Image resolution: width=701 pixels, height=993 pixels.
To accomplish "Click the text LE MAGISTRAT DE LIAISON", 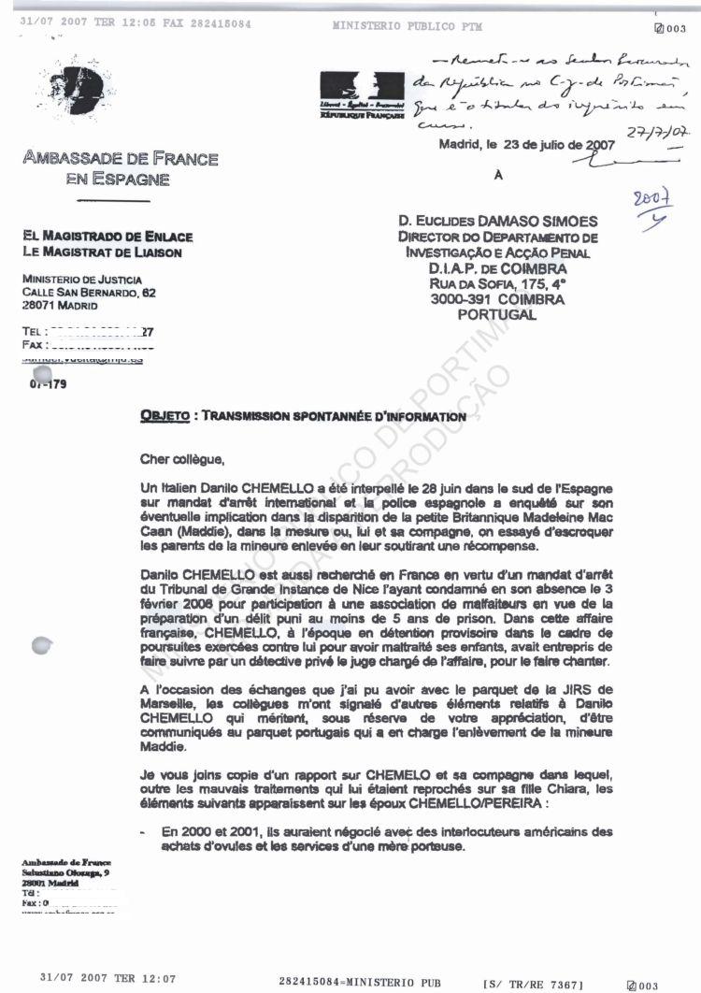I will pos(102,252).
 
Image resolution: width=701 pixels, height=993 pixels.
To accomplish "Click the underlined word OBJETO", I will pos(160,416).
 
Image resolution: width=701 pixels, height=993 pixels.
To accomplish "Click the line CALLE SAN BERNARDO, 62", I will pos(89,293).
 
